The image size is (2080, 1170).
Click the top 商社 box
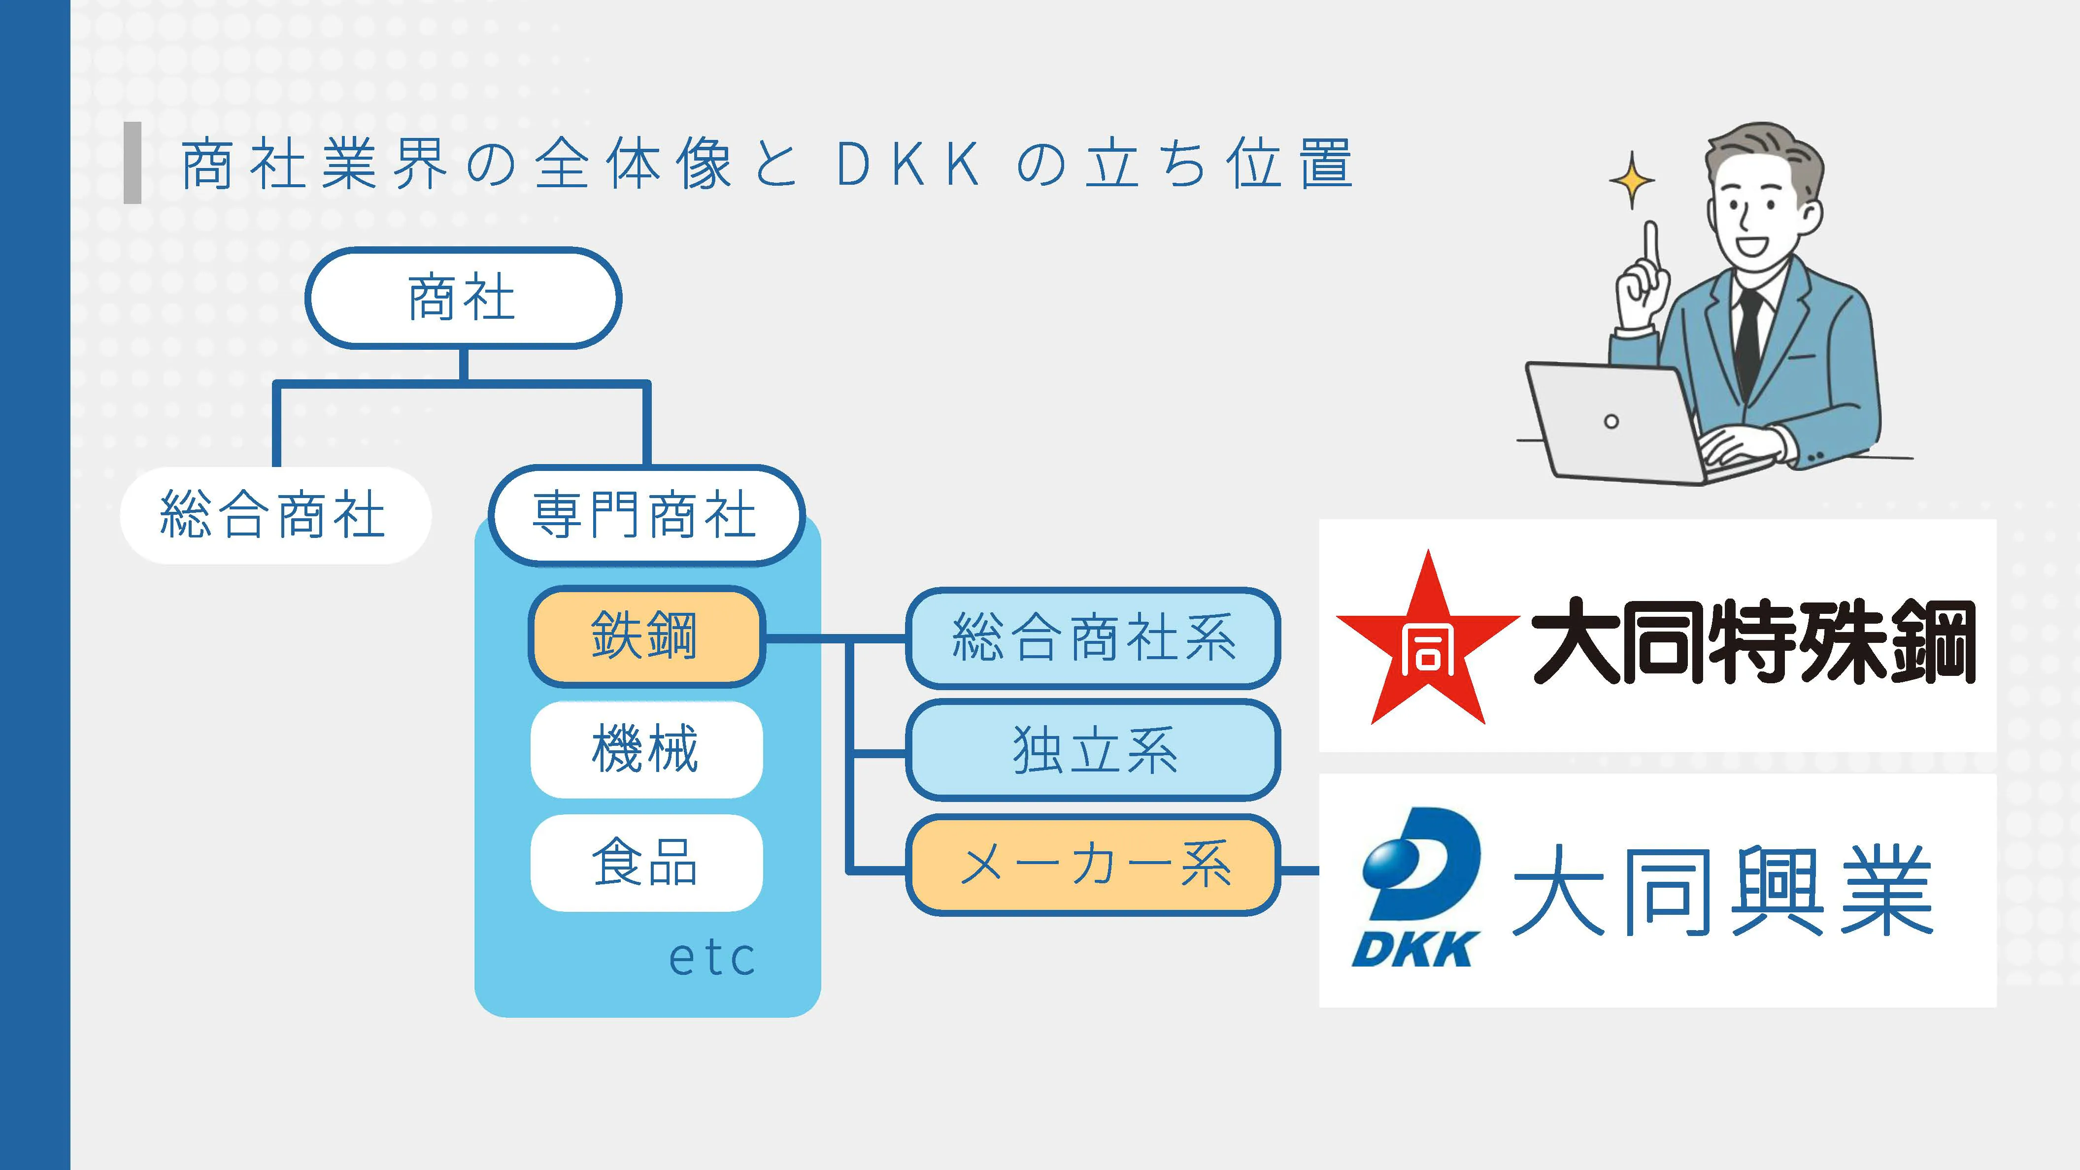[x=463, y=298]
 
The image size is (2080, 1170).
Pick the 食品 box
[x=646, y=863]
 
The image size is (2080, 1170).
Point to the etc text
[x=712, y=959]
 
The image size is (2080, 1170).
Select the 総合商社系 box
[x=1093, y=637]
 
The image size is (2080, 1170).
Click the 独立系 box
[x=1093, y=750]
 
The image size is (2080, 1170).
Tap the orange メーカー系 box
[x=1093, y=865]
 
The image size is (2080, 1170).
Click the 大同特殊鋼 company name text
[x=1753, y=641]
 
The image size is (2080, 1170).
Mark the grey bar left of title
[x=133, y=162]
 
